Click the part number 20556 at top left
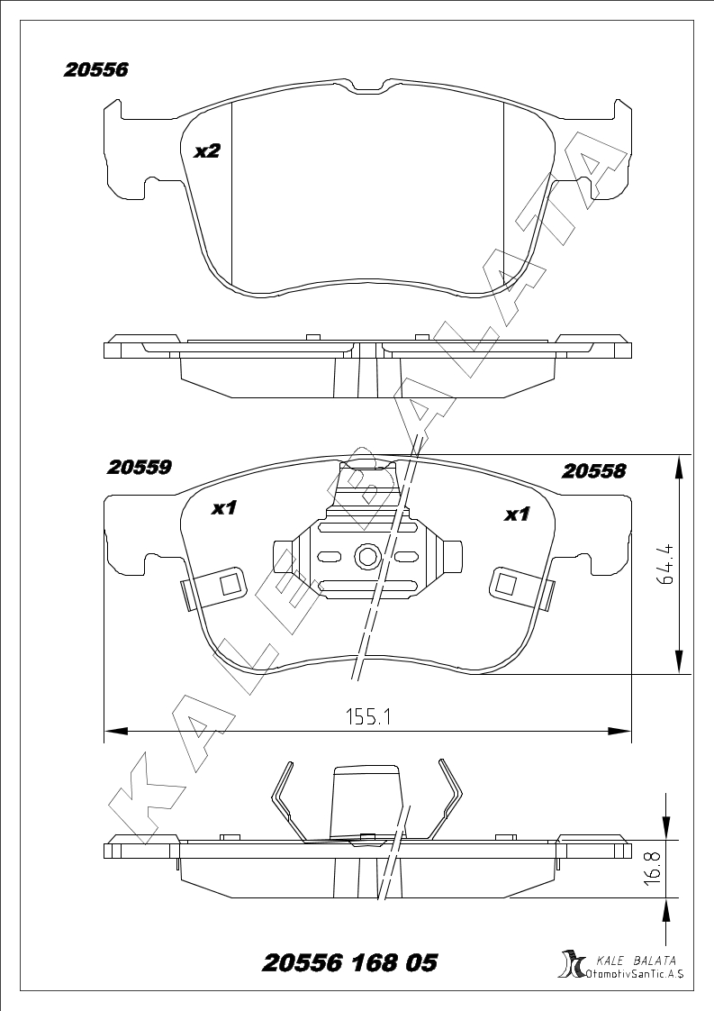point(95,69)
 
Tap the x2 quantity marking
point(207,151)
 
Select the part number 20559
point(139,467)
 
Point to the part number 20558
point(592,471)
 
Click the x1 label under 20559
point(225,509)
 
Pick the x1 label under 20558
point(517,515)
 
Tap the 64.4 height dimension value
point(666,565)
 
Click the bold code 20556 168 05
point(350,963)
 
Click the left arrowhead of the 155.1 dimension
point(114,731)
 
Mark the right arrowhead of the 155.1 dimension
point(621,731)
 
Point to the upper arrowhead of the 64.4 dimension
point(679,467)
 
